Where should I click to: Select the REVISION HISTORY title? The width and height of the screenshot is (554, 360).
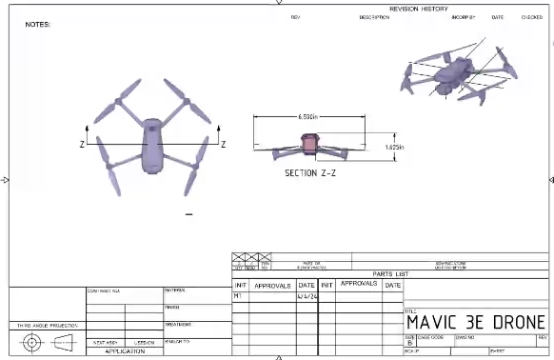(419, 8)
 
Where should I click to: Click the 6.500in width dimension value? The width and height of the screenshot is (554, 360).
(307, 116)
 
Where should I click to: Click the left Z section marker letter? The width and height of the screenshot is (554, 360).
(82, 144)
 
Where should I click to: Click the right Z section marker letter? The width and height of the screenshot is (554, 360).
(223, 144)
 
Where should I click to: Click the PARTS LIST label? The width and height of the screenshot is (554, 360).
(389, 274)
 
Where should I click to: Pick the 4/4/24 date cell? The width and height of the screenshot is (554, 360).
(307, 296)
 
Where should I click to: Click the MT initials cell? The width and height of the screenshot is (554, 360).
(238, 296)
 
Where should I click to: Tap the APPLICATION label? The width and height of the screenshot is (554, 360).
(124, 351)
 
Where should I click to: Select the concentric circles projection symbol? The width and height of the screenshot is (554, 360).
(33, 342)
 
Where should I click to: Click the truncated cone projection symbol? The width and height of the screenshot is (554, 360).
(64, 342)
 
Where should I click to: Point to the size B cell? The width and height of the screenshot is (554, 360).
(410, 341)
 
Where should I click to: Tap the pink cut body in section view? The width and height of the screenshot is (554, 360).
(308, 144)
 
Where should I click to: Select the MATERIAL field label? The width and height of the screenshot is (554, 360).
(175, 290)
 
